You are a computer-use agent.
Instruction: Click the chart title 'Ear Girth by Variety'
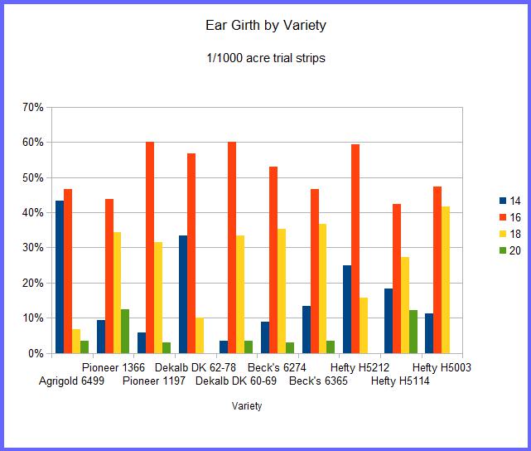265,25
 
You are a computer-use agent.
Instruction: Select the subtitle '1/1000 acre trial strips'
265,59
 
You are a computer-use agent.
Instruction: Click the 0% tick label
36,353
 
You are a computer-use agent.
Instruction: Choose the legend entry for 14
509,201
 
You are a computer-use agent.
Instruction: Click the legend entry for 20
509,251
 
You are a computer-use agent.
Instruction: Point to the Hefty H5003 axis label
442,367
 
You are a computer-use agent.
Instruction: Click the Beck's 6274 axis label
278,367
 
